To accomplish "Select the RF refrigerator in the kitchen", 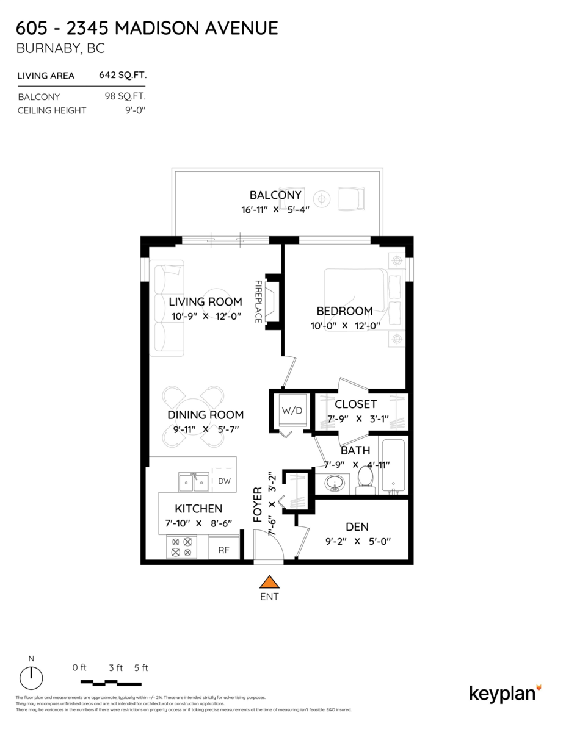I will coord(223,550).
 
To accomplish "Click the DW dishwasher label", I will coord(224,481).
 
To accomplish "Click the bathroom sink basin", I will coord(334,484).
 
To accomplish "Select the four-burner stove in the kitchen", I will coord(182,547).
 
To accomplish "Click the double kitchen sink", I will coord(194,483).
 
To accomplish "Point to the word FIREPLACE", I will coord(258,301).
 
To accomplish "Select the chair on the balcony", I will coord(352,198).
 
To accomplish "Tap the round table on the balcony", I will coord(321,198).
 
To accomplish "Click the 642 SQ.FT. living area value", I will coord(122,76).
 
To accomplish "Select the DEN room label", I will coord(357,526).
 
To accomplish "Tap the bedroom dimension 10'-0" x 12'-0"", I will coord(345,326).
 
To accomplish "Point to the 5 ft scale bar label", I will coord(140,667).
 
